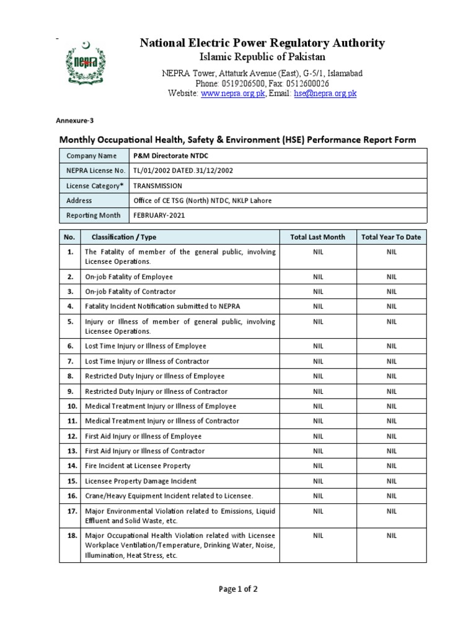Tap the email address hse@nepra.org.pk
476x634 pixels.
325,93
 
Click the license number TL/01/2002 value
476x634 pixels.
183,171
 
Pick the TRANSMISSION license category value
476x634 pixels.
158,186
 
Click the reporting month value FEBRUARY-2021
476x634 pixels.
159,215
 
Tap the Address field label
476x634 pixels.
79,201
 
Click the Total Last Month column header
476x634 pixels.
317,237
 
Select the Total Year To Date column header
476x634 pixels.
391,237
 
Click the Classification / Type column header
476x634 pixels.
124,237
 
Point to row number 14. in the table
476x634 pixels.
70,466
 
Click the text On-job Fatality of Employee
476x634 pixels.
129,277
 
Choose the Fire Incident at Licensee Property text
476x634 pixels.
138,466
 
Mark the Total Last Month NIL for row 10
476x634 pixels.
317,406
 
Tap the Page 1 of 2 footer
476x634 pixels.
238,589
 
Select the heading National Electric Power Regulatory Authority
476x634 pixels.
262,43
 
